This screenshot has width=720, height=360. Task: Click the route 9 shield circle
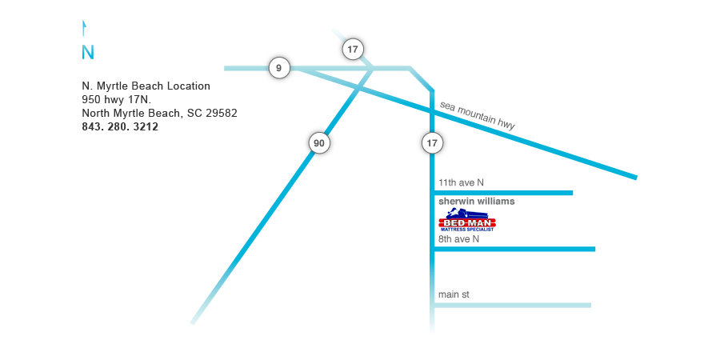point(279,69)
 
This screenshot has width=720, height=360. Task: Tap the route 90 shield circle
point(319,143)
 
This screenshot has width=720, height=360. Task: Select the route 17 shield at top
point(353,49)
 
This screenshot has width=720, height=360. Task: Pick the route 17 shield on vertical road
point(433,143)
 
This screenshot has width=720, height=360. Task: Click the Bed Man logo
point(468,219)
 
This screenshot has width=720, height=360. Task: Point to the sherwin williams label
point(477,201)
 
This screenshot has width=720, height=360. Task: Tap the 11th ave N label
point(461,182)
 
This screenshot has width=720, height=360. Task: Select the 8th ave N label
point(458,239)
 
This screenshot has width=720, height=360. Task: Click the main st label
point(454,294)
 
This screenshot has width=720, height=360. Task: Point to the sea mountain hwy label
point(478,115)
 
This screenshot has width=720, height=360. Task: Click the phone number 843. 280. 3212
point(120,126)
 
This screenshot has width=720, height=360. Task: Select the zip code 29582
point(222,113)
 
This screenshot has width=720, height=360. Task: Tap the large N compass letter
point(88,52)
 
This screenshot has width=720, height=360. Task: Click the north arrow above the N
point(83,27)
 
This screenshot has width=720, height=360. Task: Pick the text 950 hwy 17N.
point(117,99)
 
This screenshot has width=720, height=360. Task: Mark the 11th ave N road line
point(502,193)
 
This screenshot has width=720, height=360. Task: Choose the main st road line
point(511,306)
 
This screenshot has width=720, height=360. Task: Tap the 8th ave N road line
point(514,250)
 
